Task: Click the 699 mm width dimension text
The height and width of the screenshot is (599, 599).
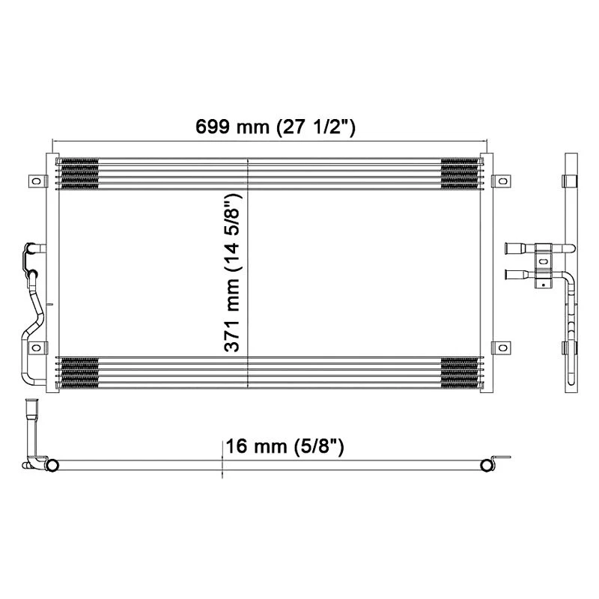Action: [275, 127]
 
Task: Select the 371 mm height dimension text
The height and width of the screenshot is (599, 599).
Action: [233, 273]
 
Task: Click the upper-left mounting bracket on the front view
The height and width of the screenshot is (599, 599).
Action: [36, 181]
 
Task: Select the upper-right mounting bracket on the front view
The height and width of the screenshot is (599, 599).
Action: [501, 181]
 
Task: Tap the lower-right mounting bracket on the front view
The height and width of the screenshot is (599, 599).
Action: [501, 348]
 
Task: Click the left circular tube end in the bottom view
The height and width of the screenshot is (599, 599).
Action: [52, 465]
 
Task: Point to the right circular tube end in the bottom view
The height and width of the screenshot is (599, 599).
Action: [487, 465]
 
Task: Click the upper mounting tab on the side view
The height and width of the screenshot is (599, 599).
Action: [571, 181]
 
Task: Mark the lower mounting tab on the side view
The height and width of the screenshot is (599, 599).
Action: [571, 349]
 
